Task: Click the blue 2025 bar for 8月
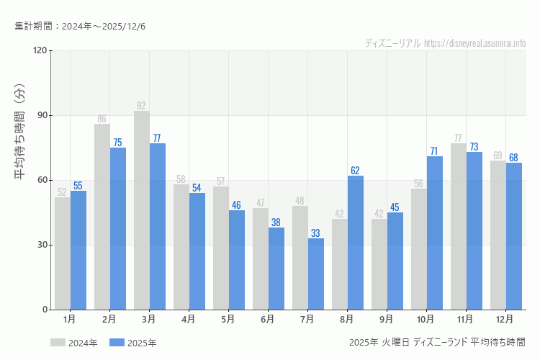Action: [356, 243]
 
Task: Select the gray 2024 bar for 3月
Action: [142, 210]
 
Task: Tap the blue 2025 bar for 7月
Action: [316, 274]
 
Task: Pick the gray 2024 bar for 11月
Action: [459, 226]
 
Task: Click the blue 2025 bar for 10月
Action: [435, 233]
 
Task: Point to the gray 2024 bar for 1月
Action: [63, 253]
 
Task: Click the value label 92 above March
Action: [141, 106]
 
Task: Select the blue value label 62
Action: [356, 171]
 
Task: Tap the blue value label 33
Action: [316, 233]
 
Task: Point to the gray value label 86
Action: [102, 119]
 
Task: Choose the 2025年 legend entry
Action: [133, 343]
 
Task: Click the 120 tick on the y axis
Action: [39, 50]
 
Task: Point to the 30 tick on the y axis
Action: [42, 245]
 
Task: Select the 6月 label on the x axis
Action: [267, 318]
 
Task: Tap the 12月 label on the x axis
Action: [505, 318]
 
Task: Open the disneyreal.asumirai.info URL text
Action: [475, 43]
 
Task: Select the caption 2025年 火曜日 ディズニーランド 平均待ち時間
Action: [436, 342]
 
